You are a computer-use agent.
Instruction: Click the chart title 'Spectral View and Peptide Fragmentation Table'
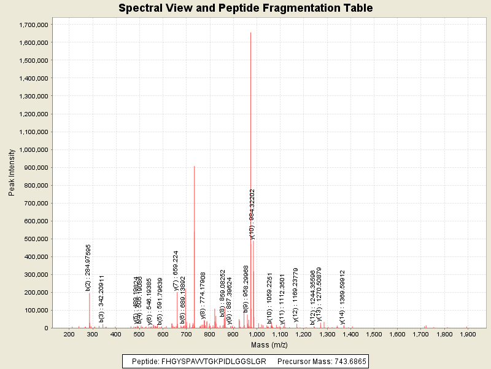click(245, 8)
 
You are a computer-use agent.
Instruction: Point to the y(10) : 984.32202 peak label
click(252, 213)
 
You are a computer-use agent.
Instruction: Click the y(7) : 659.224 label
click(176, 270)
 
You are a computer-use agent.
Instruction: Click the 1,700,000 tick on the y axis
click(34, 25)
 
